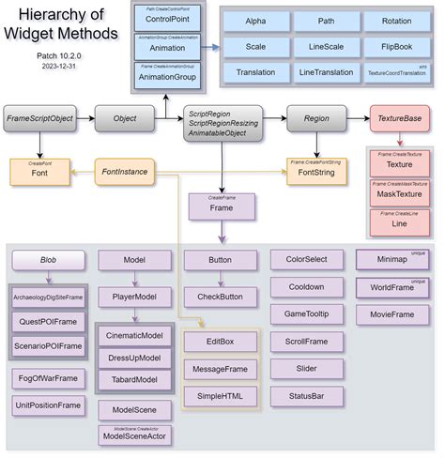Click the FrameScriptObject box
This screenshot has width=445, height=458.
coord(40,119)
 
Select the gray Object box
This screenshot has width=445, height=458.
coord(117,119)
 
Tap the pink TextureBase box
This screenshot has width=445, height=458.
coord(399,120)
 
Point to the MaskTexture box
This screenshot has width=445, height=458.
coord(399,193)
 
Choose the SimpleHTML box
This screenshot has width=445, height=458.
coord(220,397)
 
